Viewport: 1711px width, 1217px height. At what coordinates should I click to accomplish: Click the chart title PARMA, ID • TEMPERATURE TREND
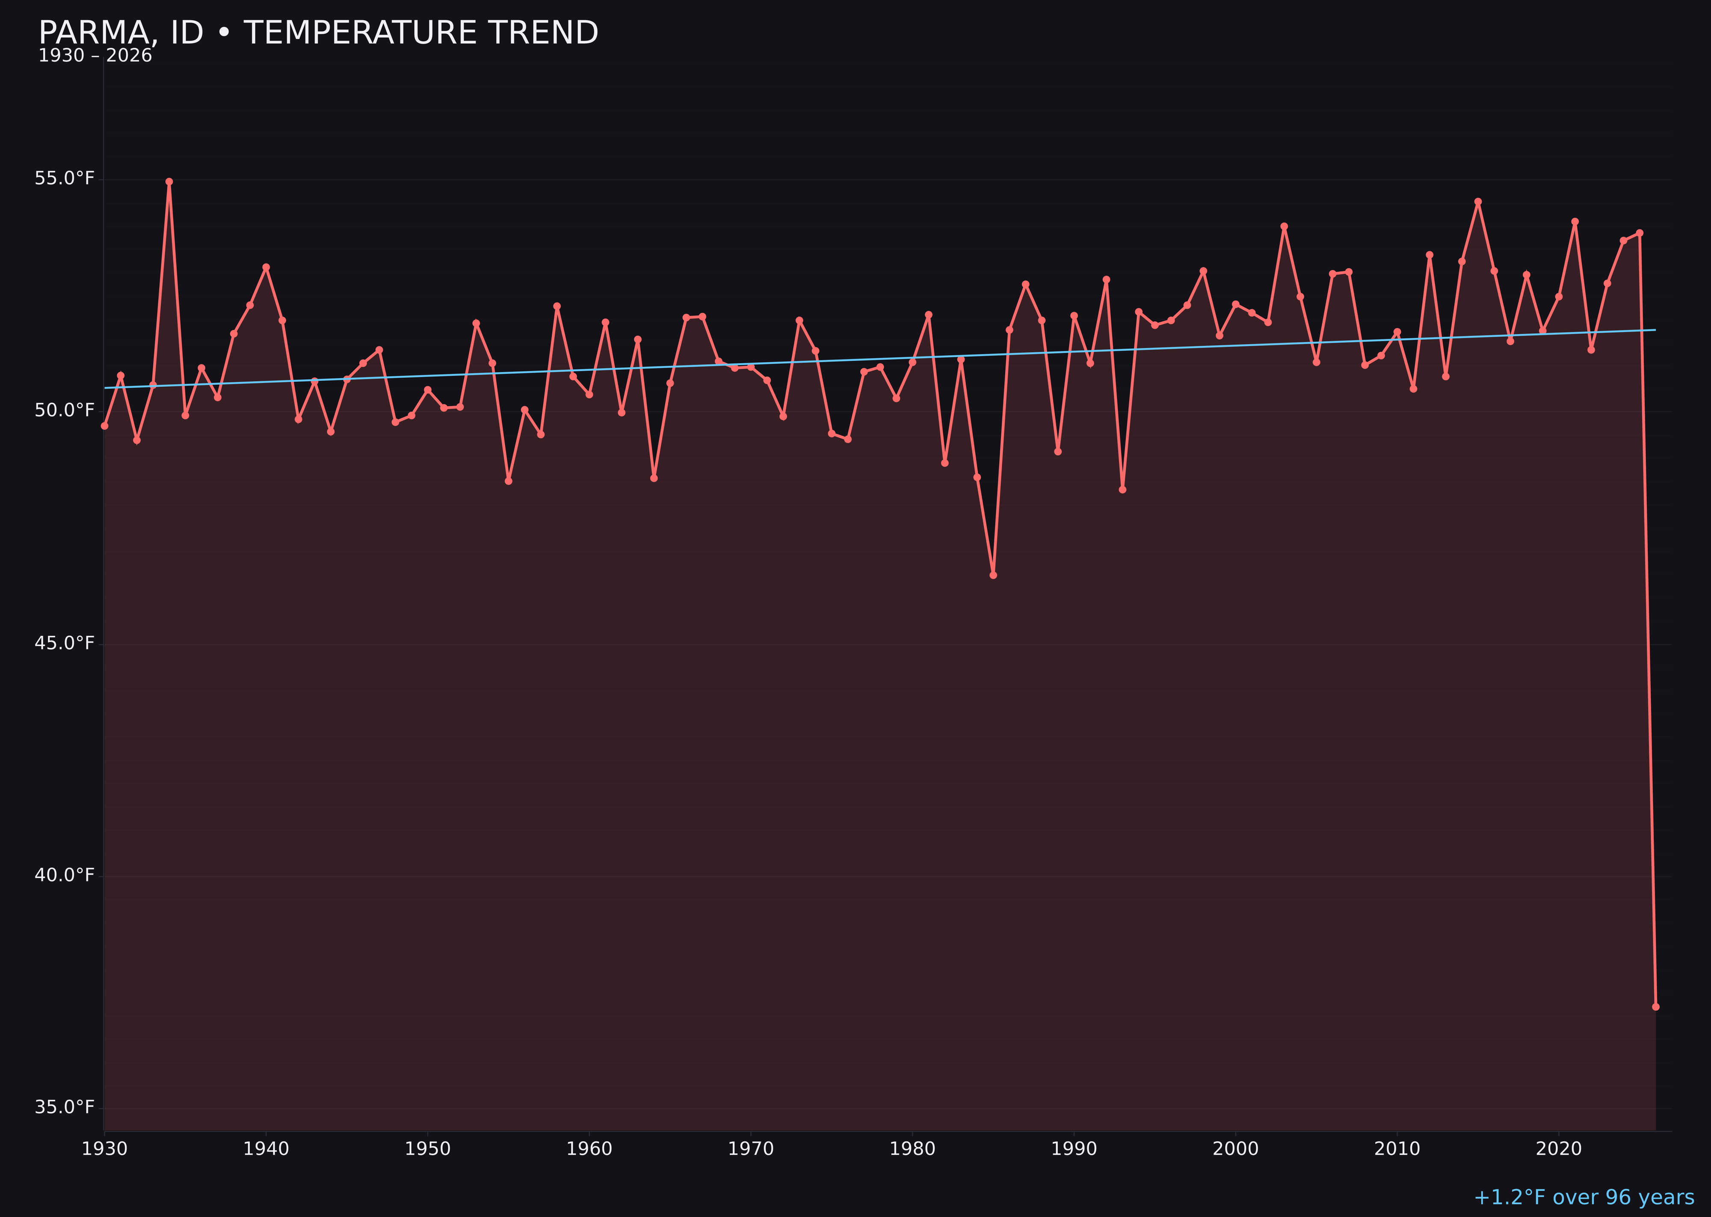pyautogui.click(x=318, y=33)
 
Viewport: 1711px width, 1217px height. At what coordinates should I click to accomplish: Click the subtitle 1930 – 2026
pyautogui.click(x=95, y=56)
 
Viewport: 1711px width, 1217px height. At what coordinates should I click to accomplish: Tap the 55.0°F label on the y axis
pyautogui.click(x=65, y=178)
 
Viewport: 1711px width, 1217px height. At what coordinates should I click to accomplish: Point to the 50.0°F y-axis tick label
pyautogui.click(x=65, y=411)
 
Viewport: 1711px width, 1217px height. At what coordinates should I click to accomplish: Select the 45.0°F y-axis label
pyautogui.click(x=65, y=643)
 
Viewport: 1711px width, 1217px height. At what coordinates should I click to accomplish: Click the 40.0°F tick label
pyautogui.click(x=65, y=875)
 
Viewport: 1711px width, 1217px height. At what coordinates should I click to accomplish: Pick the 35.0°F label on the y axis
pyautogui.click(x=65, y=1107)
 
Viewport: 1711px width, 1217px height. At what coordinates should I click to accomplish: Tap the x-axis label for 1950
pyautogui.click(x=428, y=1149)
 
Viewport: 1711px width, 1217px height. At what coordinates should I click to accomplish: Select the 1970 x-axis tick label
pyautogui.click(x=751, y=1149)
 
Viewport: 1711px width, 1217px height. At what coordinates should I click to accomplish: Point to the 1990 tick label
pyautogui.click(x=1074, y=1149)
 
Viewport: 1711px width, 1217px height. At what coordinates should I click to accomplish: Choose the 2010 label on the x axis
pyautogui.click(x=1397, y=1149)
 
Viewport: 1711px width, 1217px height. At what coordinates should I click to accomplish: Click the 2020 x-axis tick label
pyautogui.click(x=1559, y=1149)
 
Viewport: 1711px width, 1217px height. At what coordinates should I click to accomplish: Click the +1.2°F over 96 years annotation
pyautogui.click(x=1584, y=1197)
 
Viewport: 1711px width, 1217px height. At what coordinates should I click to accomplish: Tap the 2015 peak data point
pyautogui.click(x=1478, y=202)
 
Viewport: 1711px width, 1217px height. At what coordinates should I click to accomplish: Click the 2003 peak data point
pyautogui.click(x=1284, y=226)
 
